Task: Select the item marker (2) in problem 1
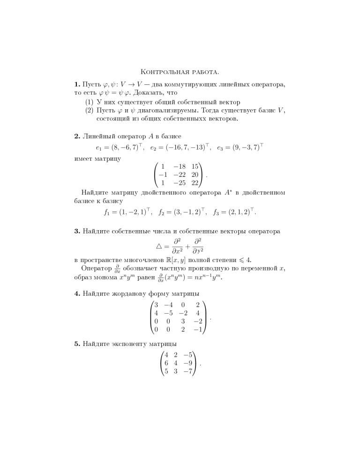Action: [87, 110]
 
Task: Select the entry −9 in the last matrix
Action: [189, 363]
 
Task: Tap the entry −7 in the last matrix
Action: [189, 371]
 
